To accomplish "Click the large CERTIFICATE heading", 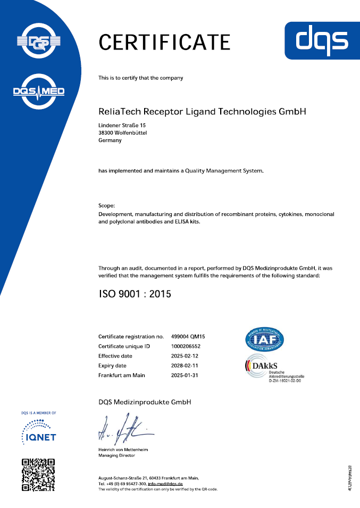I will coord(164,41).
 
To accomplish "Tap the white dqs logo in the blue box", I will coord(322,40).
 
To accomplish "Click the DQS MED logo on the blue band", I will coord(38,91).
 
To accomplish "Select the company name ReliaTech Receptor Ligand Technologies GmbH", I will coord(203,112).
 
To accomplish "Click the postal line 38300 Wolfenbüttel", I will coord(123,133).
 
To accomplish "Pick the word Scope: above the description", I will coord(107,205).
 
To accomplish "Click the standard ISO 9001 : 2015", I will coord(135,294).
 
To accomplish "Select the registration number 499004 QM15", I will coord(188,337).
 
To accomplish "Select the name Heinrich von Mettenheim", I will coord(123,449).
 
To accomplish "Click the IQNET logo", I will coord(38,431).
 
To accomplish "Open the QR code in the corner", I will coord(38,474).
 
